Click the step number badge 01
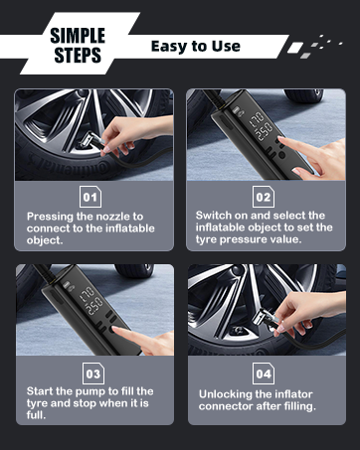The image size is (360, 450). (90, 197)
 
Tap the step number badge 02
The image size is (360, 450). (264, 197)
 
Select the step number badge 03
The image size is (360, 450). (93, 374)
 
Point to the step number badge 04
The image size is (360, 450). (264, 374)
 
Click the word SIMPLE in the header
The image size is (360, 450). (78, 36)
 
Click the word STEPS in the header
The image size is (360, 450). (78, 55)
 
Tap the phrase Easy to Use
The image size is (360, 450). (196, 47)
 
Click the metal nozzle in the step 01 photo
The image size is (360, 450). (89, 141)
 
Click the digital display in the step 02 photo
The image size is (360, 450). (262, 126)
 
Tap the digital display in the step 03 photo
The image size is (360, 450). (91, 301)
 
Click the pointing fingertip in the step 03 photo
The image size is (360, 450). (115, 330)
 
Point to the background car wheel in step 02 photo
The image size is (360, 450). (303, 95)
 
